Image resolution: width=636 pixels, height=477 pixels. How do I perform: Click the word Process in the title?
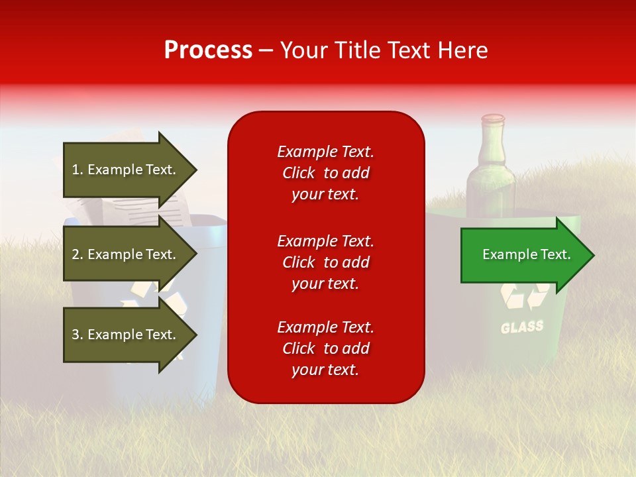pyautogui.click(x=208, y=50)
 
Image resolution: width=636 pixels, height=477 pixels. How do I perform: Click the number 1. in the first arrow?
pyautogui.click(x=77, y=170)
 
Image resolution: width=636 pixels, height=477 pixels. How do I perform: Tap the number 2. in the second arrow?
pyautogui.click(x=77, y=254)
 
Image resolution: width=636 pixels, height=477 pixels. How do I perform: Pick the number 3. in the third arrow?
pyautogui.click(x=77, y=335)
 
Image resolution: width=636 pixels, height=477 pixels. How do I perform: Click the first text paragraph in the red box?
pyautogui.click(x=325, y=173)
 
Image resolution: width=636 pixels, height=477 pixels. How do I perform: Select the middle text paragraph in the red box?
pyautogui.click(x=325, y=262)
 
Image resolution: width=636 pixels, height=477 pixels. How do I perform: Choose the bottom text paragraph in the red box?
pyautogui.click(x=325, y=348)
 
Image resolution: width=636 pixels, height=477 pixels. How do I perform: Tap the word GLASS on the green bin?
pyautogui.click(x=522, y=327)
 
